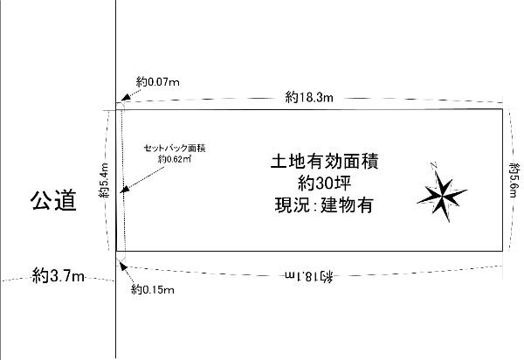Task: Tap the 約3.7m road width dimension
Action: (x=58, y=277)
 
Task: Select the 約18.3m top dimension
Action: (x=310, y=98)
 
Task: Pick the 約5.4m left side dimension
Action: (x=103, y=182)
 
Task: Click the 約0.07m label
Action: (x=158, y=82)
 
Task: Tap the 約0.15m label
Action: (x=152, y=289)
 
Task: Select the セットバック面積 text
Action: (x=174, y=149)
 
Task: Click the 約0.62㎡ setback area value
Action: (x=175, y=160)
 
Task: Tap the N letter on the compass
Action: (x=433, y=165)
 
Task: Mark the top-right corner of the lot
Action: (x=503, y=109)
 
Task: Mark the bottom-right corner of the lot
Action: (x=503, y=253)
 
